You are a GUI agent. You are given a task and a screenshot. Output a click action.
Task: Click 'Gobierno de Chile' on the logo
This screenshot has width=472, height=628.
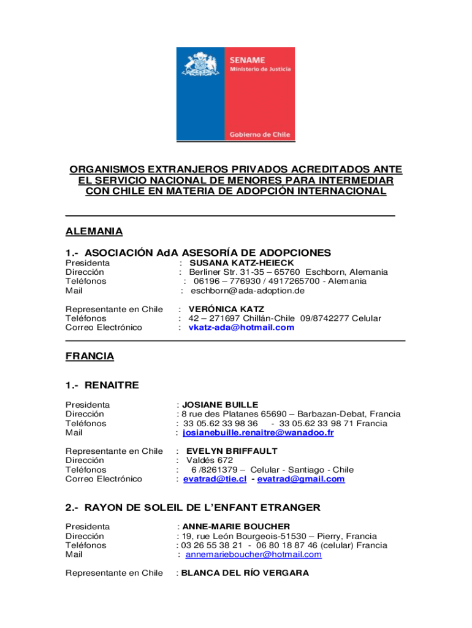click(260, 134)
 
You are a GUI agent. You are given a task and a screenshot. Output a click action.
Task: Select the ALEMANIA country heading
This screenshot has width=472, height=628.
click(94, 231)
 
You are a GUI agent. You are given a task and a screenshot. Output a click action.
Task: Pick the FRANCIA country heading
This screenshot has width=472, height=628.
click(89, 356)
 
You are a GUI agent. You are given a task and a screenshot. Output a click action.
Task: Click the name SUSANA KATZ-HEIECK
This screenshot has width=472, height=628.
click(233, 262)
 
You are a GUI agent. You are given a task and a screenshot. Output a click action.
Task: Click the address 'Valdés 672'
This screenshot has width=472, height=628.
click(210, 460)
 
